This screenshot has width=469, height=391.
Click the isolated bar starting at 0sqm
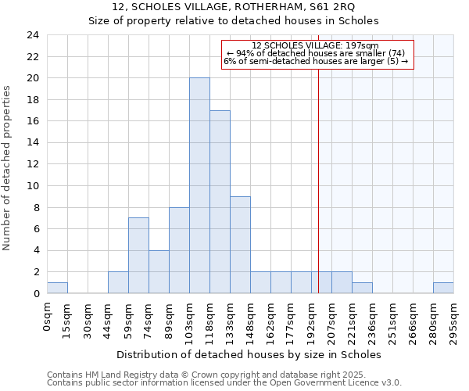tap(57, 288)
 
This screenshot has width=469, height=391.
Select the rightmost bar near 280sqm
tap(443, 288)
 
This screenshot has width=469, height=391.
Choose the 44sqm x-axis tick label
tap(109, 317)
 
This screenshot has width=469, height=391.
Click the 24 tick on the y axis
tap(33, 35)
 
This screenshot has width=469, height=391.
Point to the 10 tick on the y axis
tap(33, 186)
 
